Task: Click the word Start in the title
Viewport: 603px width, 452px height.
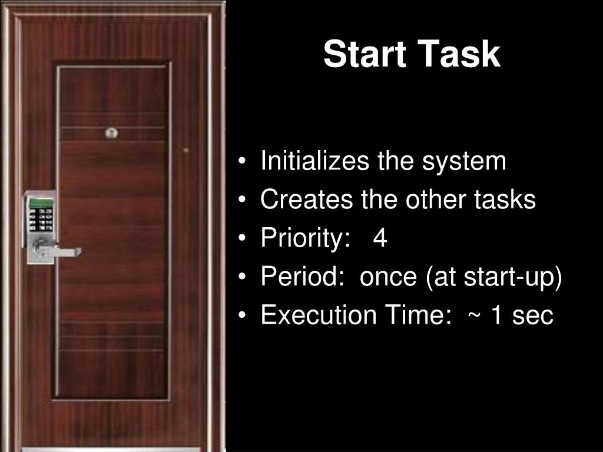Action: click(x=365, y=54)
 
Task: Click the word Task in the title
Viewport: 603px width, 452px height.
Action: click(x=459, y=54)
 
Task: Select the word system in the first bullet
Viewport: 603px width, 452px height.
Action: click(x=464, y=162)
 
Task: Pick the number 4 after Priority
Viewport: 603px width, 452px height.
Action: click(x=380, y=238)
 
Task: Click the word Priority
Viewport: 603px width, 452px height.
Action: click(x=306, y=239)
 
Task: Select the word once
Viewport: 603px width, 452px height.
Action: click(x=388, y=278)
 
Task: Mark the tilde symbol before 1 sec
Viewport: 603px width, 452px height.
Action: click(x=474, y=316)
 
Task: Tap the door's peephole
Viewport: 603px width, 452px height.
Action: click(x=111, y=132)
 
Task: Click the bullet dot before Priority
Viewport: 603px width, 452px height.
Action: click(x=241, y=238)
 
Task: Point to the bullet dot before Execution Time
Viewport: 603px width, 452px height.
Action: click(x=241, y=315)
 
